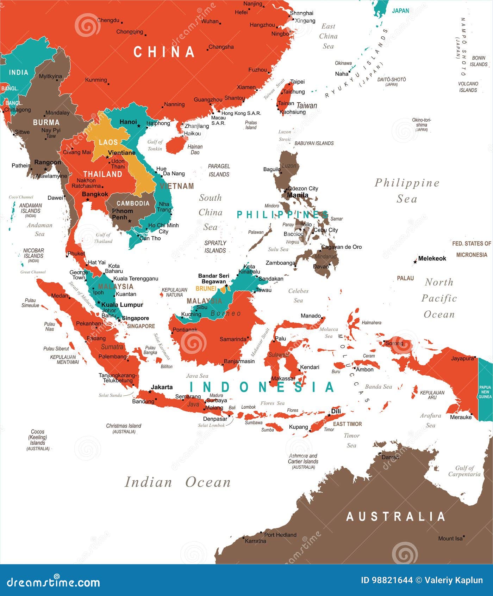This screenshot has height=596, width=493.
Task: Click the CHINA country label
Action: (164, 52)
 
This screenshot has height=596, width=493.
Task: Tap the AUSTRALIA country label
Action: (396, 517)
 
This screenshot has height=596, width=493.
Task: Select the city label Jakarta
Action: (162, 387)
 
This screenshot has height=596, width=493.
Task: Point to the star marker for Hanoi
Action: (139, 126)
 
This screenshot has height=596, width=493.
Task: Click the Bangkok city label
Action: (95, 194)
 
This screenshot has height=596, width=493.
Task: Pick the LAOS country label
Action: (108, 142)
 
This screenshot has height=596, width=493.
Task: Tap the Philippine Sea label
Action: (407, 190)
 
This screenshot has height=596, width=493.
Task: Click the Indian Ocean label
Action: (178, 482)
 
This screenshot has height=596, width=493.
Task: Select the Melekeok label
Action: (432, 259)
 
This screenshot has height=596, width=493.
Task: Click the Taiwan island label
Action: (306, 105)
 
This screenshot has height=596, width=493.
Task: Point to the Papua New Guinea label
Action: (485, 392)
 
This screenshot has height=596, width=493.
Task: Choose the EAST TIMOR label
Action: (347, 424)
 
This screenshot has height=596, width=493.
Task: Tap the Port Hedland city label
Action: (280, 535)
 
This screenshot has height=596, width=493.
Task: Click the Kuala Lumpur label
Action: (122, 305)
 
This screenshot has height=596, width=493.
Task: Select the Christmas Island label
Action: (124, 426)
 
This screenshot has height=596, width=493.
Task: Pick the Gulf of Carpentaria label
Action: (464, 471)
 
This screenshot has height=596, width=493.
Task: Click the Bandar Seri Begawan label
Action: (213, 279)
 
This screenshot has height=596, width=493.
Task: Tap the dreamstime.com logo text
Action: (54, 582)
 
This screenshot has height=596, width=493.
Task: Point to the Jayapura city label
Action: (462, 359)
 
